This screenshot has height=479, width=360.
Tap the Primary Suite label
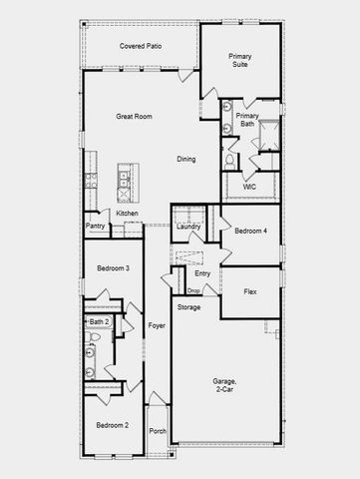(239, 60)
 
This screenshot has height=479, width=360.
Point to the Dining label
(186, 159)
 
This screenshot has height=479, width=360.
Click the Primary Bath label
(246, 121)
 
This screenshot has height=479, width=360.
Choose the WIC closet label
(249, 186)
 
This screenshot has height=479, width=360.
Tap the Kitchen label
(127, 214)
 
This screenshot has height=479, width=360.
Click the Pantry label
(96, 227)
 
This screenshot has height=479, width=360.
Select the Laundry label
(188, 228)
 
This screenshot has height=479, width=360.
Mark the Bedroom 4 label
(250, 232)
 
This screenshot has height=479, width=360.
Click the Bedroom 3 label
(113, 269)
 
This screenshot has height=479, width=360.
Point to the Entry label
(202, 272)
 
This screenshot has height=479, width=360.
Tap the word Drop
(193, 290)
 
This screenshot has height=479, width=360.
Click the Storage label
(188, 307)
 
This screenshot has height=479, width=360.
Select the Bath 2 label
(99, 321)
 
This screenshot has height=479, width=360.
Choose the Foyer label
(157, 326)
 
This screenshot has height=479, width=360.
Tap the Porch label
(158, 431)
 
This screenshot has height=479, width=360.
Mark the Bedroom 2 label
(112, 425)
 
